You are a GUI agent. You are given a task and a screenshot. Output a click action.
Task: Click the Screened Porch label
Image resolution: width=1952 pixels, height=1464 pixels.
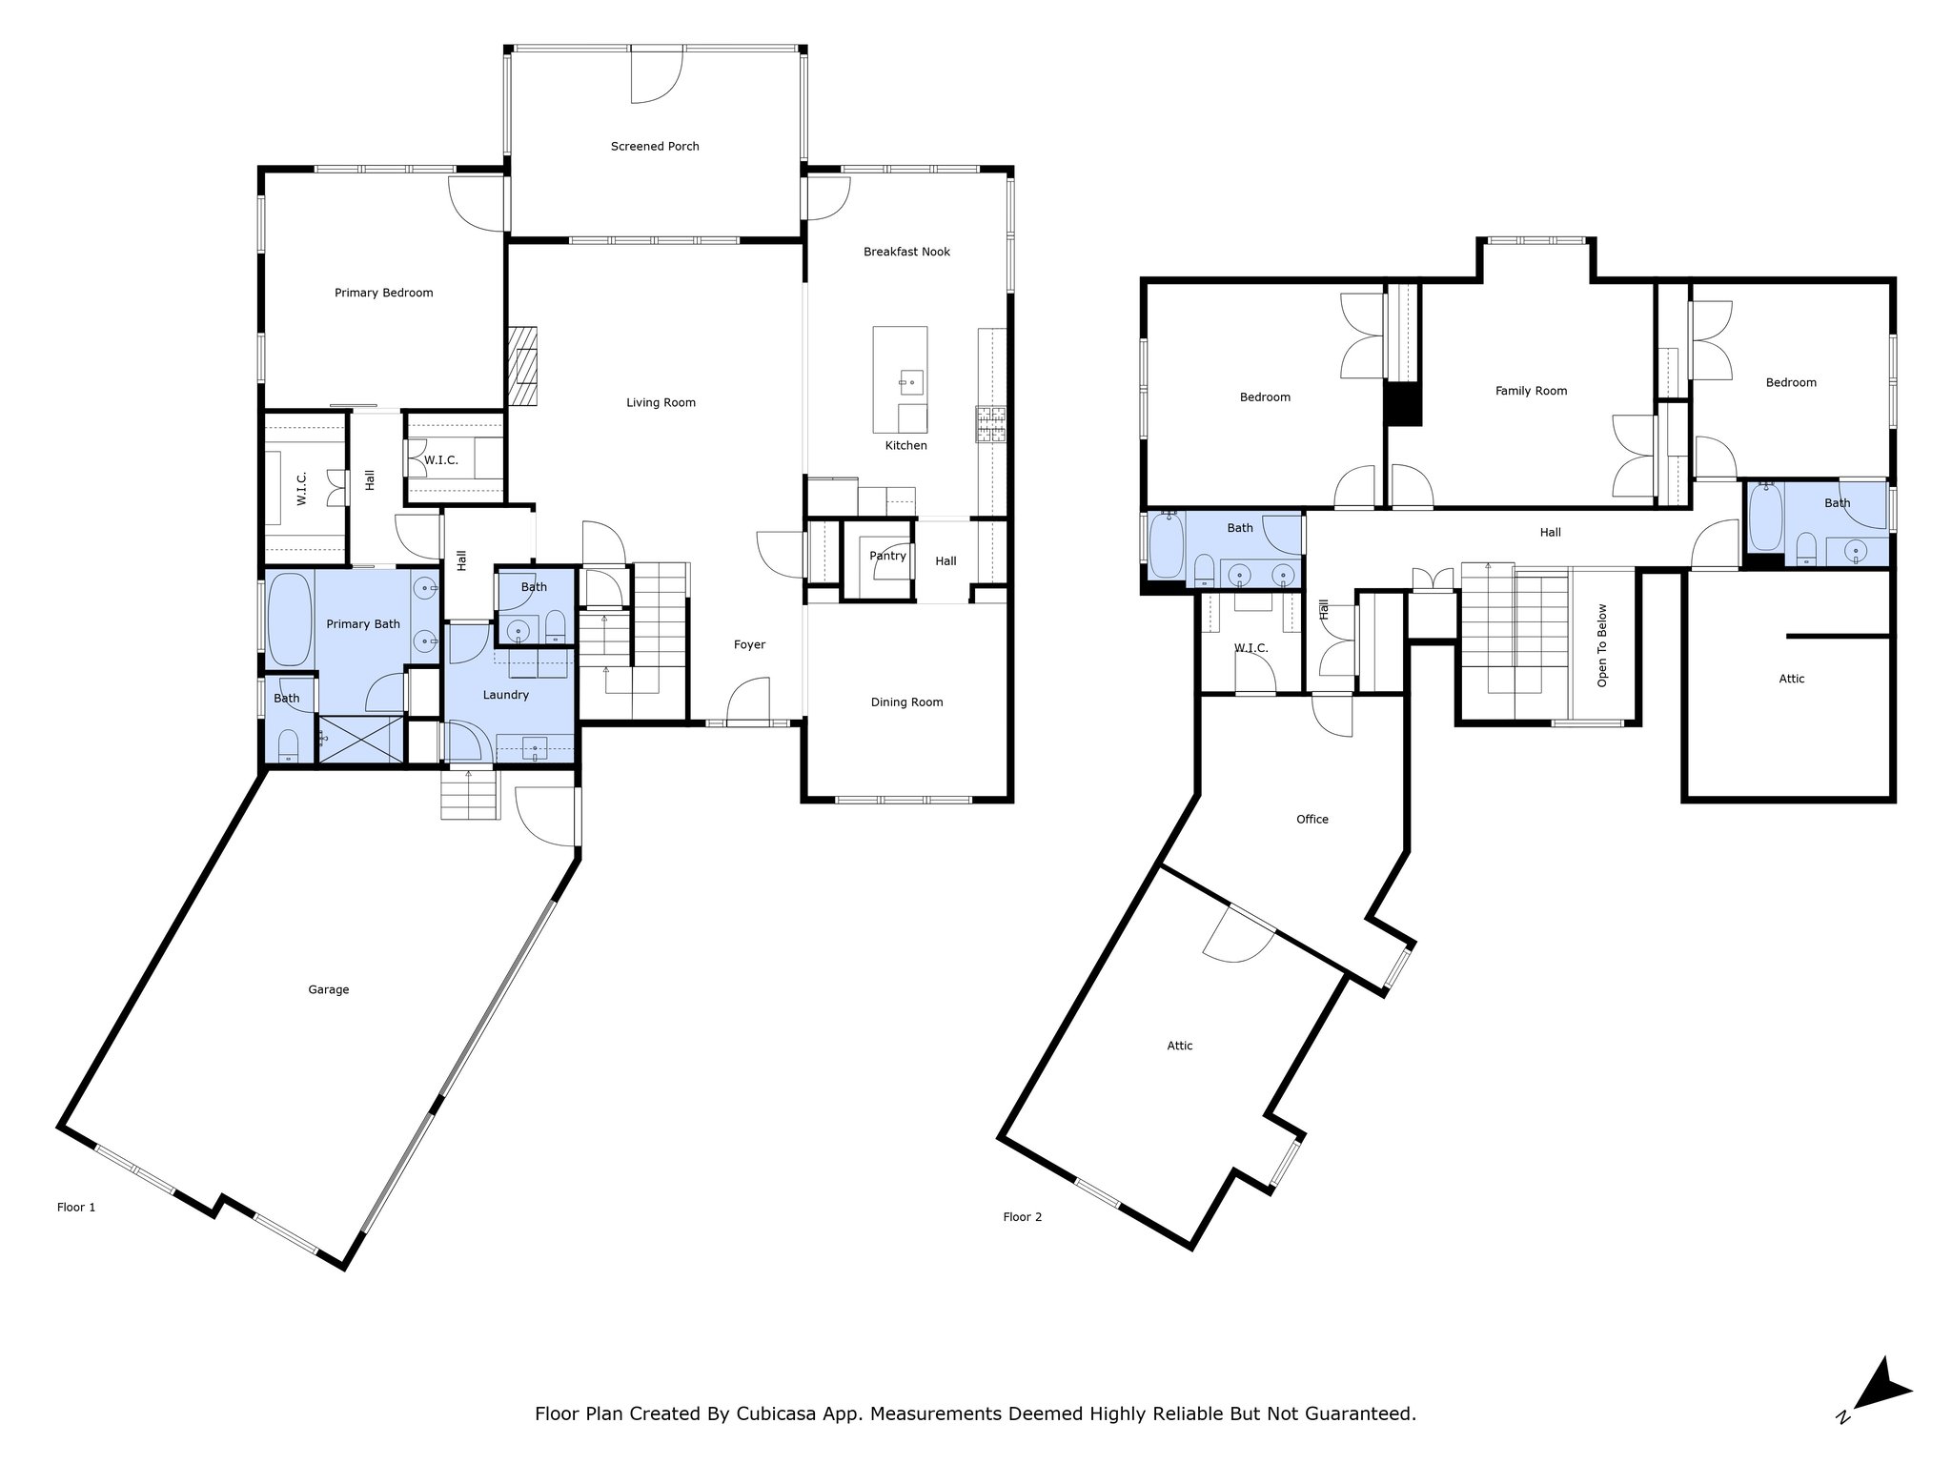(x=655, y=147)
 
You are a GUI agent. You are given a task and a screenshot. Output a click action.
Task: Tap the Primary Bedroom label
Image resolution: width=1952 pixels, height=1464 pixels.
(x=383, y=293)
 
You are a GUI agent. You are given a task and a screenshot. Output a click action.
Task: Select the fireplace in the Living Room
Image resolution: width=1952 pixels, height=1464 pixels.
(x=522, y=367)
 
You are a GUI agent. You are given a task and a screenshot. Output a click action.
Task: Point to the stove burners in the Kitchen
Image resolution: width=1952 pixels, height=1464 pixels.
(x=990, y=425)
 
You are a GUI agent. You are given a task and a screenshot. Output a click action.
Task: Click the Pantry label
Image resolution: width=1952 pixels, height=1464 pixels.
(x=887, y=556)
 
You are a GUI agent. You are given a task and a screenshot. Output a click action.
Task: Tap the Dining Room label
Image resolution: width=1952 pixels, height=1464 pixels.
(x=906, y=702)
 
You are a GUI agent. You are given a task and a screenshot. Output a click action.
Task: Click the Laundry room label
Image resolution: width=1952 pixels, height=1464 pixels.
(x=505, y=695)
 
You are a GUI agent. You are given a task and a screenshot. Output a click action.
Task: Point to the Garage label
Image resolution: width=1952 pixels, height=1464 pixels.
(x=328, y=989)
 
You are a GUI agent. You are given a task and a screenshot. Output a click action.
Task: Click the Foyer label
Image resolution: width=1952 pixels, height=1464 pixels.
(x=749, y=644)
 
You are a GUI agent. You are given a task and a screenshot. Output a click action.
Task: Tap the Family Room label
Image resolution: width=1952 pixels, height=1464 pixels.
(x=1531, y=391)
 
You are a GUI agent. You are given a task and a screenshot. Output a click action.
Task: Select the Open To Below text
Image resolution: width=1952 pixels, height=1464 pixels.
(x=1602, y=645)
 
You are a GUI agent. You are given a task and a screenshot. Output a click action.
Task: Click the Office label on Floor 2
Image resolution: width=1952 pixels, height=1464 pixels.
(x=1311, y=819)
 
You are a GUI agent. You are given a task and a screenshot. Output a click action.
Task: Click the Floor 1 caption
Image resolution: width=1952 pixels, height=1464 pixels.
(x=76, y=1207)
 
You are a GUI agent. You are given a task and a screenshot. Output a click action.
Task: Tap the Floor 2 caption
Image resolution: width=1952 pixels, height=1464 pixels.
(x=1022, y=1216)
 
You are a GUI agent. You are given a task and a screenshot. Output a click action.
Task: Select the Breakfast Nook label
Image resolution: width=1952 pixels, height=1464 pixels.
(x=906, y=252)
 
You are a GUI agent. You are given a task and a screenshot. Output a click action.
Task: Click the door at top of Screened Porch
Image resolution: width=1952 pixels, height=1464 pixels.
(x=658, y=75)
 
